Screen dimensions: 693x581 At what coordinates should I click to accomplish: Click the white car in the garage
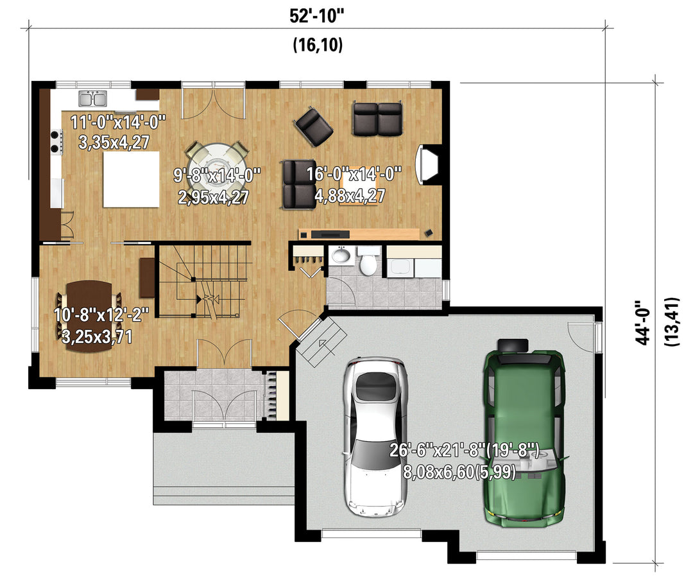click(375, 437)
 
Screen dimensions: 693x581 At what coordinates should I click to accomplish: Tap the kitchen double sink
click(93, 99)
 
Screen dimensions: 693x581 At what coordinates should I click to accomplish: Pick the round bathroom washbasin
click(341, 255)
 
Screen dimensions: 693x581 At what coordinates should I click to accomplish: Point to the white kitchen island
click(132, 179)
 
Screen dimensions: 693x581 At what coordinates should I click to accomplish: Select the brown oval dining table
click(89, 316)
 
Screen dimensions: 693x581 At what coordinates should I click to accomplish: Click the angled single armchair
click(313, 126)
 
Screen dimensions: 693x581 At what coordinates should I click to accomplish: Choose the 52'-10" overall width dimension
click(316, 16)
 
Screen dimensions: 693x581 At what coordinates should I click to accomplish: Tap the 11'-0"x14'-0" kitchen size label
click(118, 121)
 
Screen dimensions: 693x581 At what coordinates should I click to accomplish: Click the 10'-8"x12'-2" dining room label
click(101, 315)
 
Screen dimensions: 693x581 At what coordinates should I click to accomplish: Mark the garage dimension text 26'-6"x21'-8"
click(465, 451)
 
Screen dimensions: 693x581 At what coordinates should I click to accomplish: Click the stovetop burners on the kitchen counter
click(56, 141)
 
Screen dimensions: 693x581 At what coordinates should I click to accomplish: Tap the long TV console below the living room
click(359, 234)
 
